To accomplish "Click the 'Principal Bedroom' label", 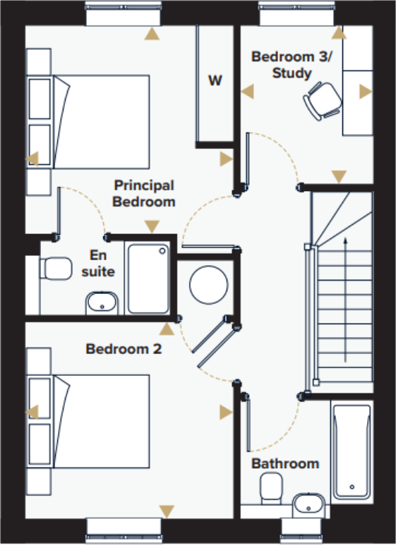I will click(x=145, y=193).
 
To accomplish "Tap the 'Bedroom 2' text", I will click(x=124, y=348).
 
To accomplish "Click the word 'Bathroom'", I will click(x=285, y=463).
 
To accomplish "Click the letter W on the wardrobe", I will click(x=215, y=80).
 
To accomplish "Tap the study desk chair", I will click(x=322, y=99).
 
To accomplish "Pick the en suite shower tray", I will click(x=148, y=278).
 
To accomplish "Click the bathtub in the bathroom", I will click(x=351, y=451).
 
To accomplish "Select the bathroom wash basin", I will click(x=307, y=503).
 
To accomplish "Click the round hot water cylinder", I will click(x=209, y=283).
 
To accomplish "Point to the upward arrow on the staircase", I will click(x=344, y=296).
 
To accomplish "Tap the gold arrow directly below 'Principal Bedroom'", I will click(x=151, y=226).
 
